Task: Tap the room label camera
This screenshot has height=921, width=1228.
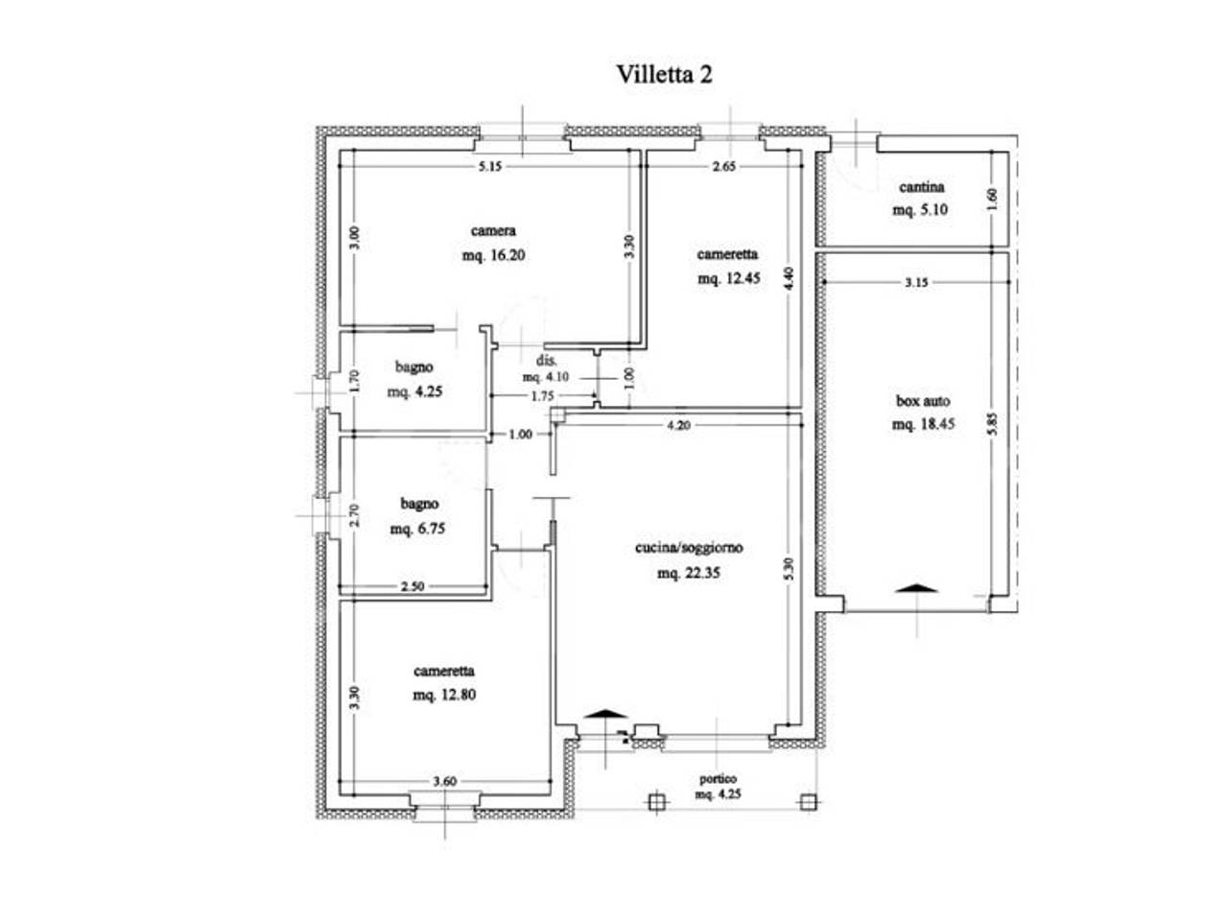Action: point(493,230)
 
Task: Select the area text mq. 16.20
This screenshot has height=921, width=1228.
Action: point(493,255)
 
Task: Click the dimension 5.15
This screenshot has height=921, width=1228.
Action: point(490,166)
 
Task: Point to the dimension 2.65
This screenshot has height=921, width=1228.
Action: point(724,166)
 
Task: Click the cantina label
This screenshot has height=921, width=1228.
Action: point(921,187)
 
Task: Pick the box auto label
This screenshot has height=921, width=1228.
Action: point(923,401)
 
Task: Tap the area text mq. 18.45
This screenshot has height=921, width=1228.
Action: point(923,424)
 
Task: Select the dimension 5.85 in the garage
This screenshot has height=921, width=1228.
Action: point(992,423)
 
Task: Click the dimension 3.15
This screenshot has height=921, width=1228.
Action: point(916,282)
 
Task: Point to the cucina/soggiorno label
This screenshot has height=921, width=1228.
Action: point(689,548)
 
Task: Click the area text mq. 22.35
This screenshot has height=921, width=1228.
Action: point(689,573)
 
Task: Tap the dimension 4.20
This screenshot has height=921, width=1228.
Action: point(678,426)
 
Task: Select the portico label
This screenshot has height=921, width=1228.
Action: point(718,778)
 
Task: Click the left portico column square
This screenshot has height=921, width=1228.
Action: point(657,802)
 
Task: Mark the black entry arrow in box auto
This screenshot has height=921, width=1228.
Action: point(916,588)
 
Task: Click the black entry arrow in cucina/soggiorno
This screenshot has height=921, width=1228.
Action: point(605,714)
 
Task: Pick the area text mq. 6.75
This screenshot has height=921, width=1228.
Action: point(417,529)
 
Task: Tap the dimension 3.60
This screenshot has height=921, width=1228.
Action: point(445,781)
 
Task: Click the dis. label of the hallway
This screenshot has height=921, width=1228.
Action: point(547,360)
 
